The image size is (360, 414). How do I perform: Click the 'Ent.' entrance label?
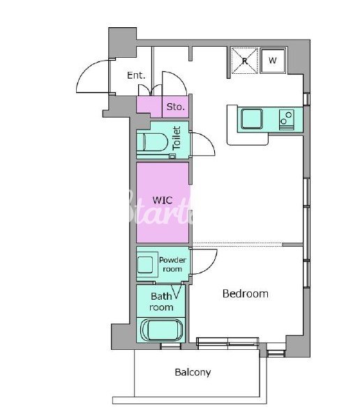pos(136,75)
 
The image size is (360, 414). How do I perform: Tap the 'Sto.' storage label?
pos(176,107)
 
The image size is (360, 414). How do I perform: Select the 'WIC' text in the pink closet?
pos(163,200)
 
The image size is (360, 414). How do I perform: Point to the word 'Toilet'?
pos(177,138)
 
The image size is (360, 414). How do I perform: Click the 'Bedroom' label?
pos(246,293)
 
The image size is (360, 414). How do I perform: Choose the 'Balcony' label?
pos(193,372)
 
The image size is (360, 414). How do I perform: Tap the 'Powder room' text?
pos(172,265)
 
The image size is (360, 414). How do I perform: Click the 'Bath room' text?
pos(161,302)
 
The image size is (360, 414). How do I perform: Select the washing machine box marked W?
pos(273,61)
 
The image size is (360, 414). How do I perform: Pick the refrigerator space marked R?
pos(244,61)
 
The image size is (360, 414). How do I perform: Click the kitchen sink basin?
pos(252,118)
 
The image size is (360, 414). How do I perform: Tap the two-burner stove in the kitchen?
pos(287,120)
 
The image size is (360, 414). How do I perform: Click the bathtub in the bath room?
pos(161,330)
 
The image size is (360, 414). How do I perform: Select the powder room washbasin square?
pos(145,265)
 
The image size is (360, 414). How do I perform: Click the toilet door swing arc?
pos(209,139)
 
